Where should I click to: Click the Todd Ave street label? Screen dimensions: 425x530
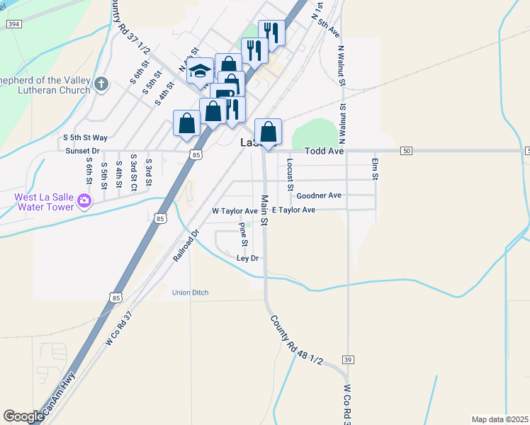[x=324, y=151]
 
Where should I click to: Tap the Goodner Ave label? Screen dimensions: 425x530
[x=319, y=195]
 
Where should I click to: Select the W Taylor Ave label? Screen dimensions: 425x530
[x=235, y=211]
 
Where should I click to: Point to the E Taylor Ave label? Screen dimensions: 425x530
[x=293, y=211]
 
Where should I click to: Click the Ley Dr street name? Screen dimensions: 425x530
[x=247, y=259]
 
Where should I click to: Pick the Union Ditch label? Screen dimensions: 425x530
[x=191, y=293]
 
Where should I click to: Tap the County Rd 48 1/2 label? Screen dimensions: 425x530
[x=296, y=341]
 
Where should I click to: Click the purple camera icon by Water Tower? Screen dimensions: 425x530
[x=84, y=201]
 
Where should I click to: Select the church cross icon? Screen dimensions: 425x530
[x=101, y=84]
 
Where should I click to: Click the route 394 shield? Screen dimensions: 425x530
[x=13, y=24]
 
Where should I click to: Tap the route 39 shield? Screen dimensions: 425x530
[x=347, y=360]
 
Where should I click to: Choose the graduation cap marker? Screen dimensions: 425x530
[x=201, y=71]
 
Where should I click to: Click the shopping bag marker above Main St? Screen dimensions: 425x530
[x=268, y=132]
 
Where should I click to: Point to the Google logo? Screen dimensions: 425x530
[x=23, y=416]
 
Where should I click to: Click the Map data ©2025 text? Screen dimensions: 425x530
[x=500, y=419]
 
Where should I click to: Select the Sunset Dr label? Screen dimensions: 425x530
[x=84, y=151]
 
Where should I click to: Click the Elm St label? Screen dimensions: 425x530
[x=375, y=170]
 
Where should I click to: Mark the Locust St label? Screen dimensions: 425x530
[x=290, y=173]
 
